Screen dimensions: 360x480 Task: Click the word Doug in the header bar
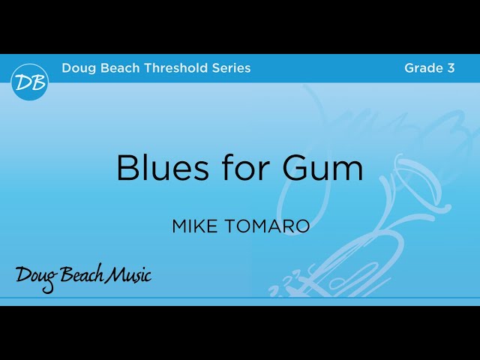point(76,68)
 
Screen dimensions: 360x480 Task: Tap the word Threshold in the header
point(171,68)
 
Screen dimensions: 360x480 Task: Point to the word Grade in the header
point(423,68)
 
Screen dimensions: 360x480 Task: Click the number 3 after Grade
point(451,68)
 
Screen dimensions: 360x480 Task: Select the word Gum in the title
point(323,168)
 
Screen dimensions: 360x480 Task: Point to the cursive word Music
point(128,275)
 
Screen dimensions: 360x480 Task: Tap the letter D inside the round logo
point(24,82)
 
